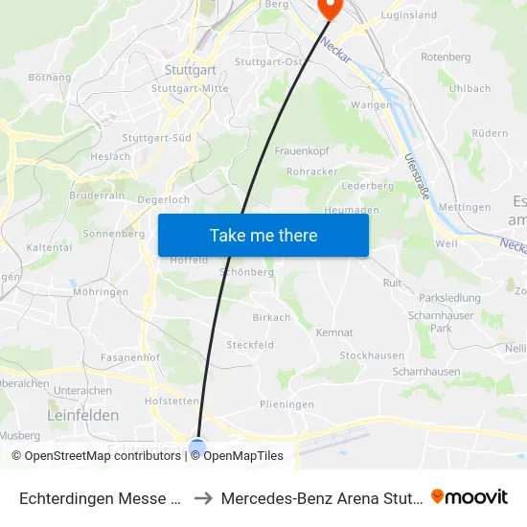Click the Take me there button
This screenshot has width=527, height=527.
(x=263, y=235)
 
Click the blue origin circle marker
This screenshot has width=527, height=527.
(x=197, y=447)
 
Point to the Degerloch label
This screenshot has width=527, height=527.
(x=164, y=199)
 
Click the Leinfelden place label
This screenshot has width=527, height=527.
(x=83, y=415)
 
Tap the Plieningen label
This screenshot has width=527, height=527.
(x=286, y=404)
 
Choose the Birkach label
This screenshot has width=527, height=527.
(x=271, y=317)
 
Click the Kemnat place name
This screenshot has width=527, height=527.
(x=334, y=332)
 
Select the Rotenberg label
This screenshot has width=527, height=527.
(x=446, y=57)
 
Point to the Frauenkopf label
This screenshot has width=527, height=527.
(x=302, y=151)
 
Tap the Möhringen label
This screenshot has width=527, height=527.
(x=101, y=291)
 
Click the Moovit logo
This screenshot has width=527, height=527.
(x=469, y=497)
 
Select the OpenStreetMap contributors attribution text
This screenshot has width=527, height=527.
(x=103, y=456)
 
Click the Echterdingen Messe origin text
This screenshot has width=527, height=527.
(x=101, y=498)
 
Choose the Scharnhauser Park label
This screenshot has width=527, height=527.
(x=428, y=321)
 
